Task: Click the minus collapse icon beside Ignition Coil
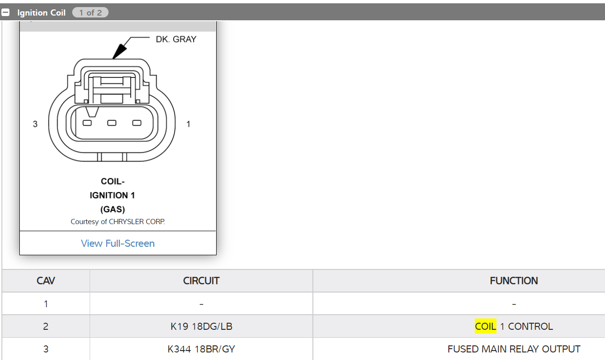[5, 12]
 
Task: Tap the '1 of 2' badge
[90, 12]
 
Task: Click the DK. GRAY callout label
[176, 40]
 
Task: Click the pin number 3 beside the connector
[35, 124]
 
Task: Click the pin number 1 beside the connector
[188, 124]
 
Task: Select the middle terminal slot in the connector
[112, 123]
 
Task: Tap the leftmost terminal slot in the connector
[87, 123]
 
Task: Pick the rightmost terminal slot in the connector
[137, 123]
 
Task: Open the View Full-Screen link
[118, 243]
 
